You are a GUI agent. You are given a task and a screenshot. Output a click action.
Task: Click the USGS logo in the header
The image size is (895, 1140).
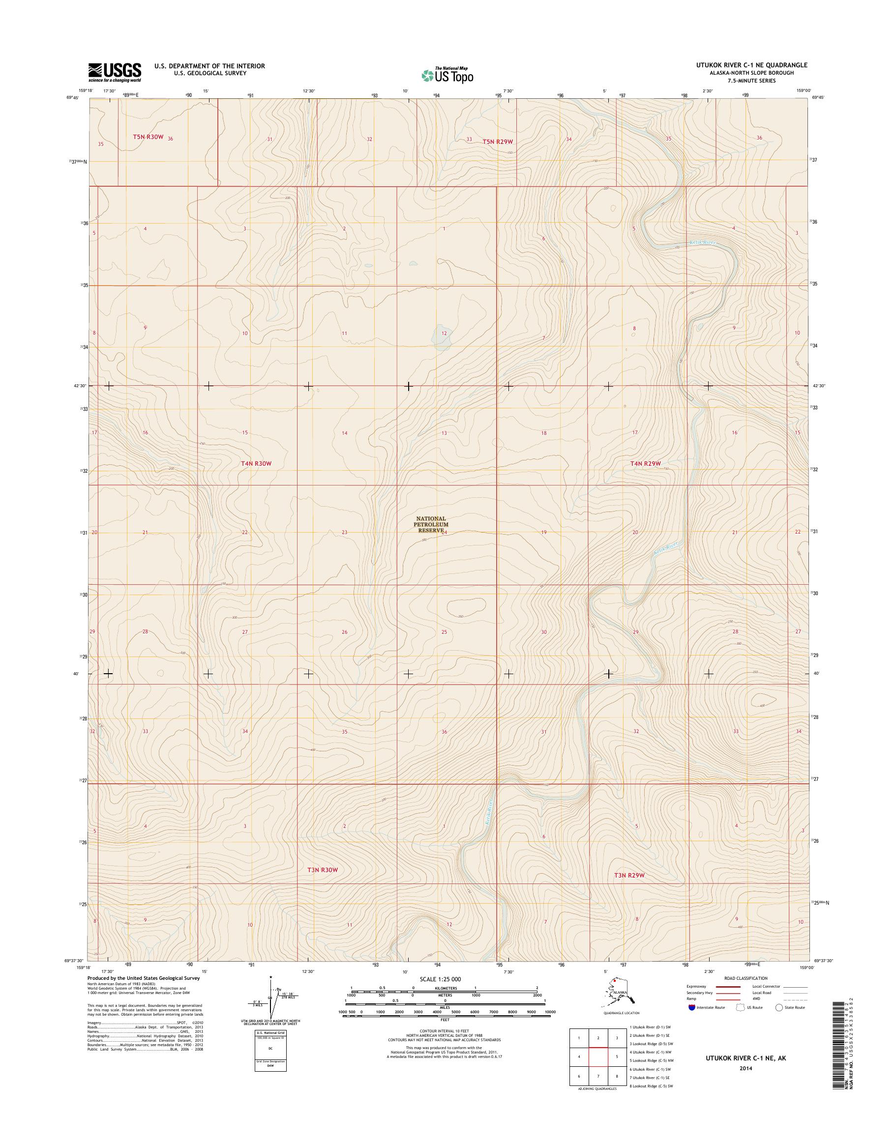(x=114, y=72)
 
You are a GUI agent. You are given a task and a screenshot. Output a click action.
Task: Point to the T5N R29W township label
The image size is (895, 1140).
(x=497, y=142)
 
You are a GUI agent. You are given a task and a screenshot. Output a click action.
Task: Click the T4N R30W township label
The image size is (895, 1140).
(x=256, y=463)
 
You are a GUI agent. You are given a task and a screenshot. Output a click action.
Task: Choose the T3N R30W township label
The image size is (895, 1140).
(x=322, y=870)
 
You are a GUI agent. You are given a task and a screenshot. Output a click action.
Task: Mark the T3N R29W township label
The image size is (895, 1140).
(x=629, y=875)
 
